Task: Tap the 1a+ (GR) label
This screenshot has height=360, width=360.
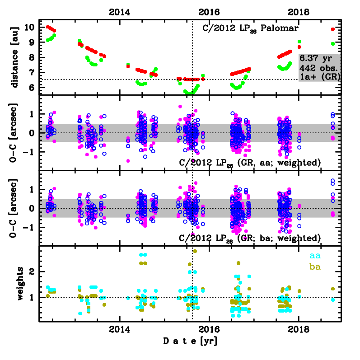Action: point(319,77)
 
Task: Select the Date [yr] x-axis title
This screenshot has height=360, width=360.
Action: point(190,341)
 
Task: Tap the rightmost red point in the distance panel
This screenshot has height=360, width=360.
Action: point(333,29)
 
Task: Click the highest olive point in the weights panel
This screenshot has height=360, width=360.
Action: point(195,251)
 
